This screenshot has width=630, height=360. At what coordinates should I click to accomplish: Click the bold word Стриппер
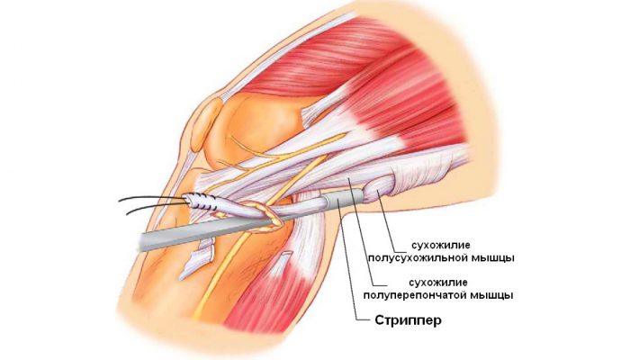click(x=409, y=320)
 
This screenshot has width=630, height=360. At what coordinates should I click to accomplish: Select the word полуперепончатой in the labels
click(x=416, y=295)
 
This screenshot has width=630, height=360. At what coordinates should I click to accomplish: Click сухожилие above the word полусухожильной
click(x=440, y=245)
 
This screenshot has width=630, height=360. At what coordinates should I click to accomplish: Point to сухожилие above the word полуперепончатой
click(x=438, y=283)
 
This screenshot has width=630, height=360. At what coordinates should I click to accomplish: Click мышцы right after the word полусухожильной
click(x=491, y=257)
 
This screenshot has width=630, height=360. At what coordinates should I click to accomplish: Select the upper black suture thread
click(x=153, y=198)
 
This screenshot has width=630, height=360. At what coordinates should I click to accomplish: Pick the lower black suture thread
click(x=156, y=207)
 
